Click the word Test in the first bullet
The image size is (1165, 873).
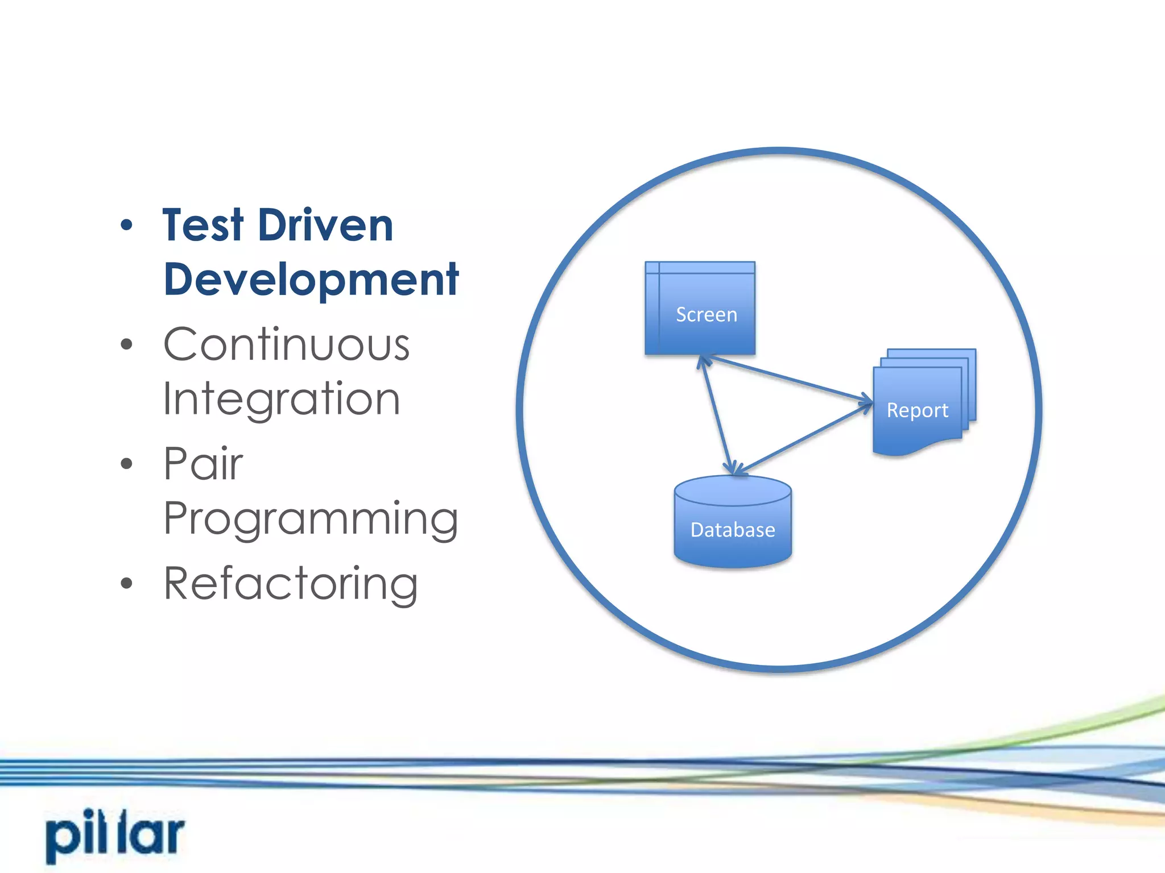[x=203, y=226]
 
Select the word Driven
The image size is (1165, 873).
[x=325, y=226]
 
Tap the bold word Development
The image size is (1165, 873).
[x=311, y=280]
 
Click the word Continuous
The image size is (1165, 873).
[x=286, y=344]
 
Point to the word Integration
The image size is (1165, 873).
[x=282, y=399]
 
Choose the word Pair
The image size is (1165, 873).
[x=203, y=464]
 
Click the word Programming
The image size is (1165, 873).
[x=311, y=518]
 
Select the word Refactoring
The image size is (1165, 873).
[x=291, y=583]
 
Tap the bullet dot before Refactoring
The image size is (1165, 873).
[x=126, y=583]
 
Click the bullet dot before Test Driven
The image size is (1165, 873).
[x=126, y=226]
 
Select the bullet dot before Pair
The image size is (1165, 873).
[x=126, y=464]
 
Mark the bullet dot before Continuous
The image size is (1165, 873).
[x=126, y=344]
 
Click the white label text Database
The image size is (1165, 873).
[x=733, y=530]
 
